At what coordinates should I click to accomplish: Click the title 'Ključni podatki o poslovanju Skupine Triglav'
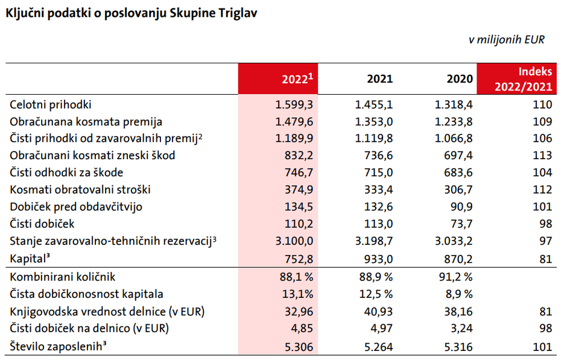point(131,13)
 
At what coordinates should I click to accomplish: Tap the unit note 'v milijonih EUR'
point(507,40)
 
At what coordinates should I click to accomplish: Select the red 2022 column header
point(278,79)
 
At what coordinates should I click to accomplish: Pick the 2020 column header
point(459,79)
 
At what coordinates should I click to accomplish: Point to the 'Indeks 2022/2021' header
point(517,79)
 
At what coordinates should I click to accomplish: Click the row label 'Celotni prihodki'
point(51,104)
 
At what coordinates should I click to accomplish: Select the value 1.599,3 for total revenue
point(294,104)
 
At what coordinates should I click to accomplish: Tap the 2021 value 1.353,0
point(374,121)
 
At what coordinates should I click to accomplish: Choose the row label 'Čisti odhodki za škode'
point(68,172)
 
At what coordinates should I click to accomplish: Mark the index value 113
point(543,156)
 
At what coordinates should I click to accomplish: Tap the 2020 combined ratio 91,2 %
point(454,277)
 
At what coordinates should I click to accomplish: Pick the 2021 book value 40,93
point(379,312)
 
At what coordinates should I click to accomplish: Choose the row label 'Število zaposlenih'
point(62,346)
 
